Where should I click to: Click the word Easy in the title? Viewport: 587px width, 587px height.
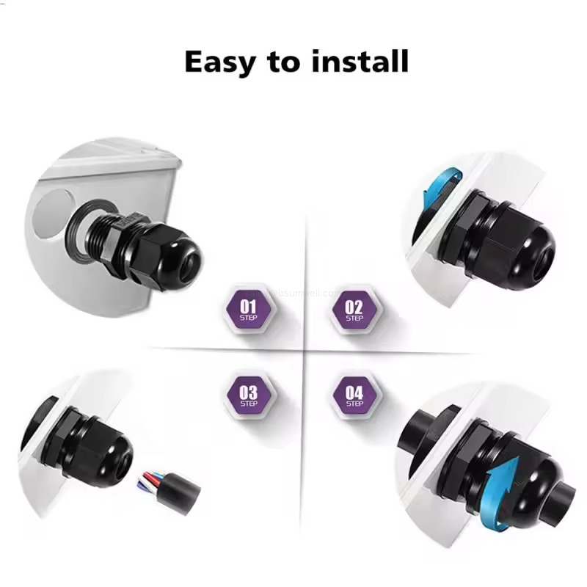pos(219,62)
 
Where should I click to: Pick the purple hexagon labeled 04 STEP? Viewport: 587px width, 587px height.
pos(354,396)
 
